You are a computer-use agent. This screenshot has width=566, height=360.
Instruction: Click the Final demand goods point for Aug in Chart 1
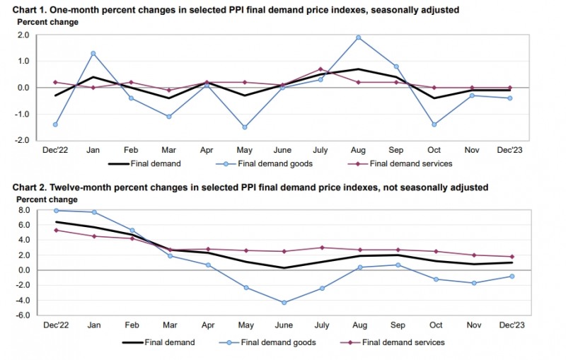[359, 37]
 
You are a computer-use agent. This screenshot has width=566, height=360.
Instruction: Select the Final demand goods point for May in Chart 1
[244, 127]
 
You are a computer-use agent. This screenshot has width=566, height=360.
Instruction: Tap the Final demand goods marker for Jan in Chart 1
[93, 53]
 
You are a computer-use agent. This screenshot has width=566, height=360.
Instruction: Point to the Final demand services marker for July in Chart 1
[320, 69]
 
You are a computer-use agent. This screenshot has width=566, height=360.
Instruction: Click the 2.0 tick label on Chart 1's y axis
[23, 35]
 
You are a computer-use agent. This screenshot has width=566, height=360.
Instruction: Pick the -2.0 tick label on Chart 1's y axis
[21, 141]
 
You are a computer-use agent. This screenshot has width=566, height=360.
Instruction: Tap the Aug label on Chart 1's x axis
[359, 151]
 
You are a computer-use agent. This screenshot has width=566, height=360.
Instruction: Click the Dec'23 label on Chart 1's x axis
[509, 151]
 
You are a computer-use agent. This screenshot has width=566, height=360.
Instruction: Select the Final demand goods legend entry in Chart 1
[265, 163]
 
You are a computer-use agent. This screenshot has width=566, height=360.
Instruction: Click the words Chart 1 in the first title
[21, 10]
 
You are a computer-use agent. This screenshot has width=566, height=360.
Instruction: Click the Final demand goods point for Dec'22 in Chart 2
[56, 210]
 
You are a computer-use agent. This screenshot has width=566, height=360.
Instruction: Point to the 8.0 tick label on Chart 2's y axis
[23, 210]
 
